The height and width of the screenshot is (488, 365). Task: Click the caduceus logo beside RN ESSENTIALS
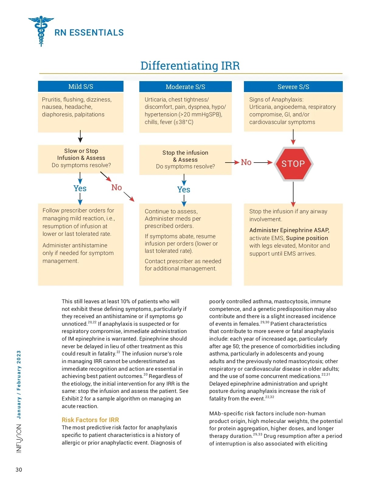41,31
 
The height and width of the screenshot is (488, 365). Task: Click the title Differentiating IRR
190,66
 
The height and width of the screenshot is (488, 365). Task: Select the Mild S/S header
81,87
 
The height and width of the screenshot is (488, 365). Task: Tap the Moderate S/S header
185,87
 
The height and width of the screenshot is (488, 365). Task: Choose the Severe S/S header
293,87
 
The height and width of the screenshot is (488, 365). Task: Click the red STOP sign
293,164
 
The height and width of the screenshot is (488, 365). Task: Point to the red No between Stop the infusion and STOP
246,162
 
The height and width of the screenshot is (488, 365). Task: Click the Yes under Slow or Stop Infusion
80,188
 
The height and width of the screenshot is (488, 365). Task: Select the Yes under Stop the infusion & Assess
184,190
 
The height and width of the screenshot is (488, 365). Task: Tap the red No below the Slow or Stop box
116,187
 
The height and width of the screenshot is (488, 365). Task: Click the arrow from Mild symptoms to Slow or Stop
80,136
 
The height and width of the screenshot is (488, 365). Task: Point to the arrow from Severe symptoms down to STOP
293,137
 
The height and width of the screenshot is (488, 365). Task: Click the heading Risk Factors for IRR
90,420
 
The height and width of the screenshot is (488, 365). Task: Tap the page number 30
19,470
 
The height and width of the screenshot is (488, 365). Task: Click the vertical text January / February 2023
19,384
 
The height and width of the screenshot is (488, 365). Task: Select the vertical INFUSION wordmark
19,438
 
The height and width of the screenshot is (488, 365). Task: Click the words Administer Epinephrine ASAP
289,230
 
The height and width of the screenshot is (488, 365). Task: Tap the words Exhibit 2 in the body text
72,399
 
